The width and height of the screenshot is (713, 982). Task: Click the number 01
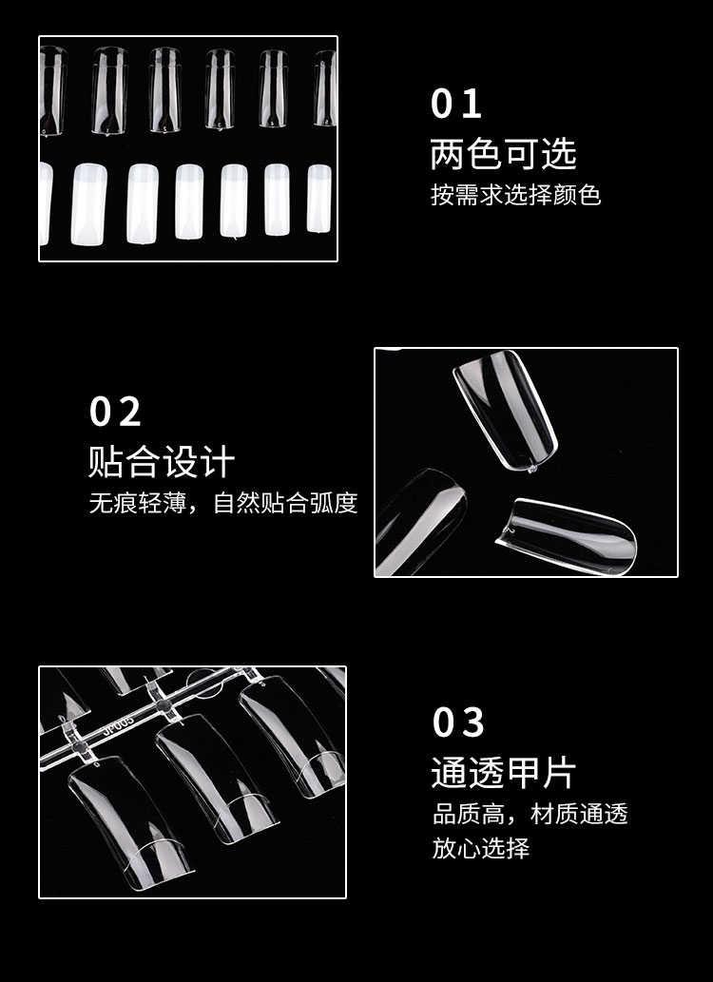pos(455,104)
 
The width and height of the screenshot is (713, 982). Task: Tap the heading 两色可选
pos(503,154)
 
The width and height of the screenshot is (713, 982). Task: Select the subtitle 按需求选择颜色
pos(515,195)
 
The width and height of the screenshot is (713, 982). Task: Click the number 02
pos(115,412)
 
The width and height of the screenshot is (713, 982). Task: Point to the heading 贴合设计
pos(162,462)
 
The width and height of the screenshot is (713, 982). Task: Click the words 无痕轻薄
pos(137,503)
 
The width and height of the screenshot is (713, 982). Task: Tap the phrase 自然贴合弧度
pos(285,503)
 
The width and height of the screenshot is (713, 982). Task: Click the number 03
pos(458,722)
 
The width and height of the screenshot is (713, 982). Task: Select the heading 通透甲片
pos(503,772)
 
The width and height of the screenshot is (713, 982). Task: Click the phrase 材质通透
pos(579,814)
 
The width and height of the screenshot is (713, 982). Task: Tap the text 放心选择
pos(480,848)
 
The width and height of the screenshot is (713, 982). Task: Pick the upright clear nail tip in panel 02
pos(505,410)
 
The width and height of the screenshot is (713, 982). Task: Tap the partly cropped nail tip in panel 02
pos(420,521)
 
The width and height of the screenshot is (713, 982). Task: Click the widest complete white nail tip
pos(89,204)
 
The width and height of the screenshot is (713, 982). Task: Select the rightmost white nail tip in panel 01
pos(318,198)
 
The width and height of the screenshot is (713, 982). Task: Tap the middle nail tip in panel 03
pos(216,778)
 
